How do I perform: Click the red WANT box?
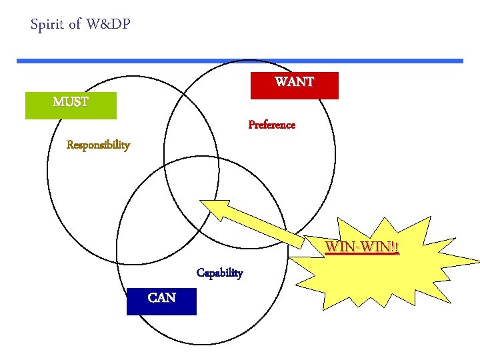pos(294,85)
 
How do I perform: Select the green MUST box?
pos(71,105)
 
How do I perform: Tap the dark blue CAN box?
pos(161,301)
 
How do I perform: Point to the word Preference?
pos(271,125)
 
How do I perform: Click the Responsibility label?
pos(98,145)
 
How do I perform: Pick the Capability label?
pos(219,273)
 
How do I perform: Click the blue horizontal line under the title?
pos(240,61)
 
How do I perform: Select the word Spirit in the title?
pos(47,25)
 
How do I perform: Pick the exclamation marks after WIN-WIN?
pos(395,248)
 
